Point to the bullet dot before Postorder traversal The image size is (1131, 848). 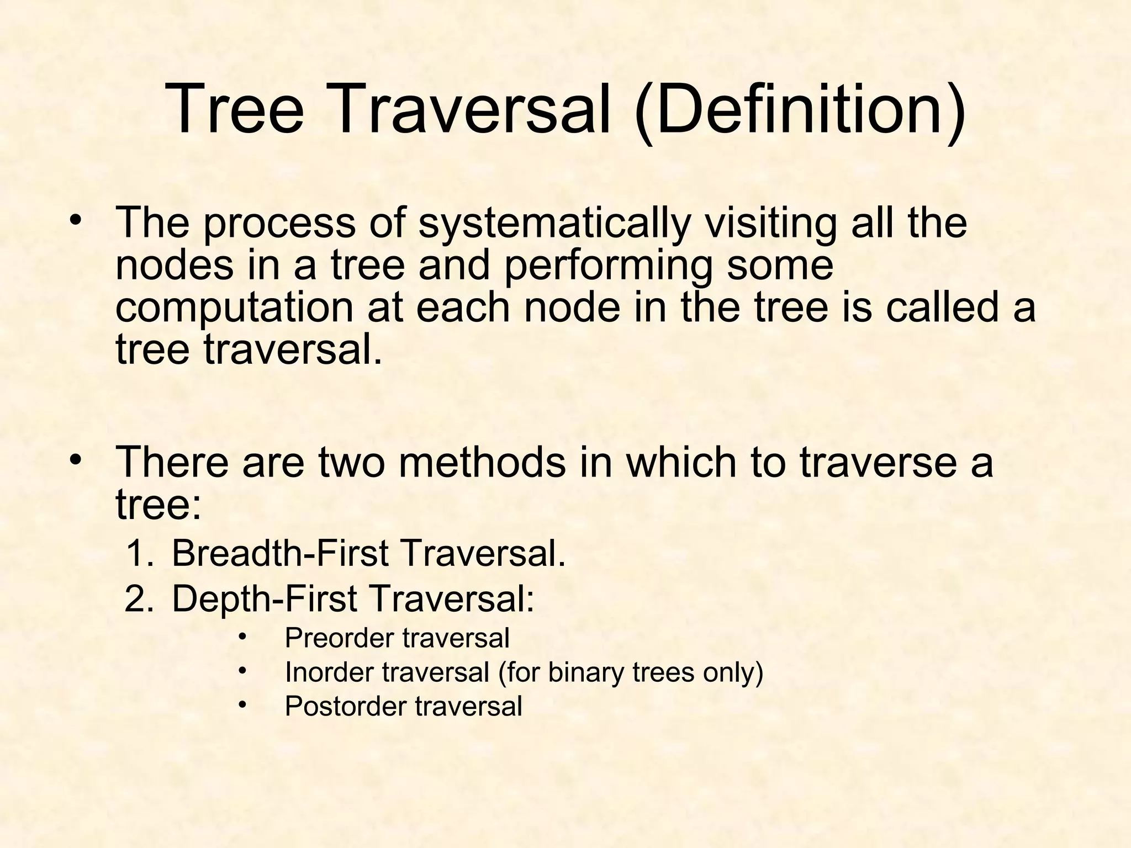point(242,704)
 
